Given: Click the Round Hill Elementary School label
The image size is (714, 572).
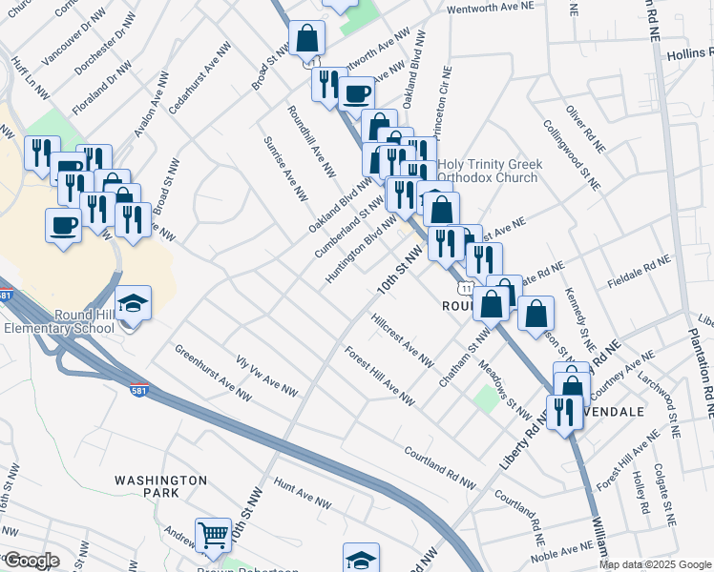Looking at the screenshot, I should [x=57, y=322].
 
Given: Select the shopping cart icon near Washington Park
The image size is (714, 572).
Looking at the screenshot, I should [x=213, y=534].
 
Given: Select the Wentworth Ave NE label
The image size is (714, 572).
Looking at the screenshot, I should [x=490, y=7].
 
